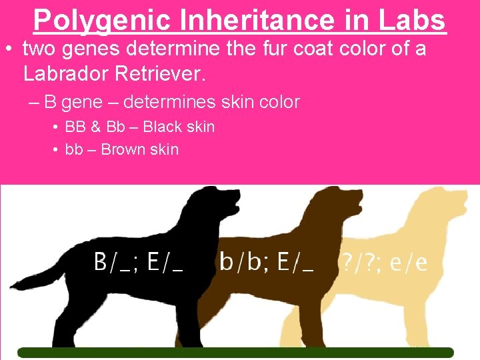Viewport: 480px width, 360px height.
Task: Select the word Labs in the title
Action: point(412,20)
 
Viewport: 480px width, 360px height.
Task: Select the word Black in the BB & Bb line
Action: point(163,127)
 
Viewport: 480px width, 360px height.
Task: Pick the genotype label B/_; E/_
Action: point(138,263)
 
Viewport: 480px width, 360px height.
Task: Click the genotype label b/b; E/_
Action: point(266,263)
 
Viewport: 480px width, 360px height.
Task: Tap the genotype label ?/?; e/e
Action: point(383,263)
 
